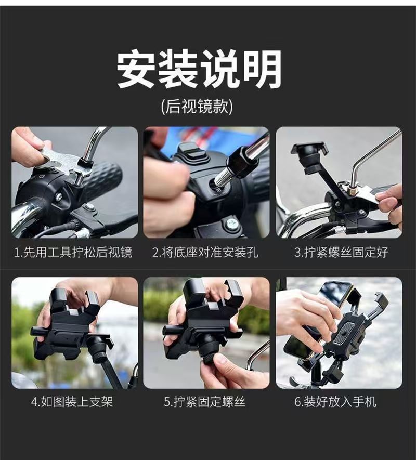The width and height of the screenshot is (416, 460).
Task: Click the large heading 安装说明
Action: pyautogui.click(x=199, y=69)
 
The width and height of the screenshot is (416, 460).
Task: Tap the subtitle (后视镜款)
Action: pyautogui.click(x=197, y=106)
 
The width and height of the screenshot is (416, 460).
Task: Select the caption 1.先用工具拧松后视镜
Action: pyautogui.click(x=73, y=252)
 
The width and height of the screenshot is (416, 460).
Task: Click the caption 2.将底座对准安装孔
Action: pyautogui.click(x=205, y=252)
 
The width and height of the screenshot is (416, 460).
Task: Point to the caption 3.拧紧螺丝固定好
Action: pyautogui.click(x=342, y=252)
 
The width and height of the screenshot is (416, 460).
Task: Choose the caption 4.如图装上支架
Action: pyautogui.click(x=72, y=402)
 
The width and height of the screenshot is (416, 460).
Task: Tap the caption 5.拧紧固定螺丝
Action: pyautogui.click(x=205, y=402)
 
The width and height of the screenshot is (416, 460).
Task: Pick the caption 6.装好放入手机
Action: pyautogui.click(x=335, y=402)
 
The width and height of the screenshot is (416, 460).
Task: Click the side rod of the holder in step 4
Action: pyautogui.click(x=41, y=332)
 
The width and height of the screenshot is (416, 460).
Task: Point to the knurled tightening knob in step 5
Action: pyautogui.click(x=209, y=357)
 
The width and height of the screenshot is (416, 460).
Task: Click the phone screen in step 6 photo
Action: pyautogui.click(x=335, y=293)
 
